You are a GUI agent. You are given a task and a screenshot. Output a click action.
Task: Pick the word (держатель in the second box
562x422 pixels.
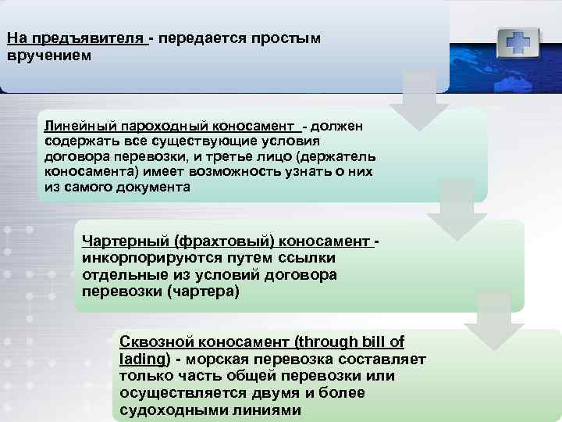pyautogui.click(x=335, y=157)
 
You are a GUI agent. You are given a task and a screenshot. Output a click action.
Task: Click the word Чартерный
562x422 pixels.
pyautogui.click(x=125, y=243)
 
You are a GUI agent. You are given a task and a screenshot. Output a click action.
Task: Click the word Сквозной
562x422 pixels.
pyautogui.click(x=155, y=342)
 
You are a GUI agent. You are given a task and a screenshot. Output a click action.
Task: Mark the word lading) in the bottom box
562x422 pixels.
pyautogui.click(x=145, y=359)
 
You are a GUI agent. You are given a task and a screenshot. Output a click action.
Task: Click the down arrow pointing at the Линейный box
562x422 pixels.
pyautogui.click(x=418, y=102)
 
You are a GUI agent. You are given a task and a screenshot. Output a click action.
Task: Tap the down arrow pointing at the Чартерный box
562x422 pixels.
pyautogui.click(x=457, y=209)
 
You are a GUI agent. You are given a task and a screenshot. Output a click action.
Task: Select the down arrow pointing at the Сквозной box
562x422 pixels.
pyautogui.click(x=494, y=320)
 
